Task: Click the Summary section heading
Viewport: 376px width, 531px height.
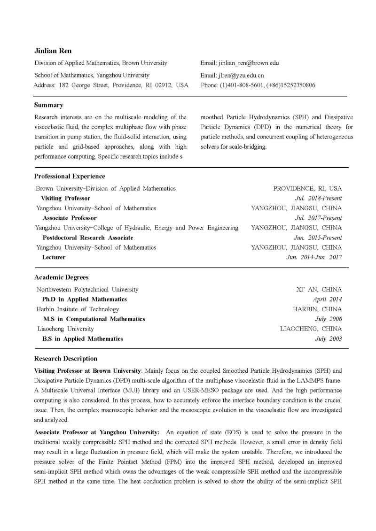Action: pyautogui.click(x=48, y=105)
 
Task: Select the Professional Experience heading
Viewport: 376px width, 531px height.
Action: pyautogui.click(x=70, y=177)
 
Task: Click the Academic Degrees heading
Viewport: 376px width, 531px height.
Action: pyautogui.click(x=61, y=277)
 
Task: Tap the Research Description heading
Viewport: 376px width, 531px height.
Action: pyautogui.click(x=65, y=359)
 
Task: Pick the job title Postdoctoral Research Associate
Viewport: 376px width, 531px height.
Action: pyautogui.click(x=88, y=238)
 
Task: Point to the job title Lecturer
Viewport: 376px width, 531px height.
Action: pyautogui.click(x=54, y=257)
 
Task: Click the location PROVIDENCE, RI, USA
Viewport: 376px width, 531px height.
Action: pyautogui.click(x=307, y=188)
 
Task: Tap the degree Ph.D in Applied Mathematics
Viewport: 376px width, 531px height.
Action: pyautogui.click(x=85, y=299)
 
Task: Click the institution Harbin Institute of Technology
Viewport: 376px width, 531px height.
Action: pyautogui.click(x=78, y=309)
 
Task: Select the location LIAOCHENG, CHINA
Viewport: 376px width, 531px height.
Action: pyautogui.click(x=311, y=329)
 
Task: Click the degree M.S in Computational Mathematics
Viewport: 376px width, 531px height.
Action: pyautogui.click(x=94, y=319)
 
